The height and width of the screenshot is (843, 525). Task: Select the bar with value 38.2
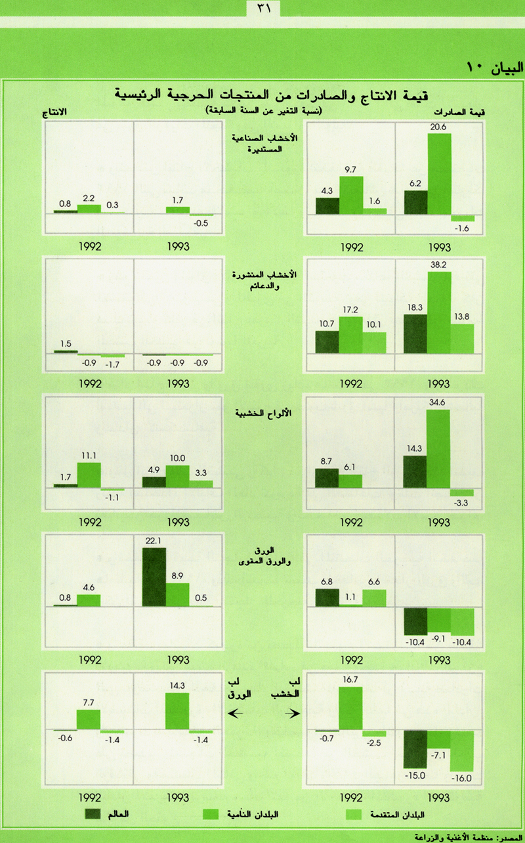tap(439, 312)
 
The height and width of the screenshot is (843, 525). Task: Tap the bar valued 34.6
tap(439, 449)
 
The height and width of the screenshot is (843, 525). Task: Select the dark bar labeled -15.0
tap(416, 748)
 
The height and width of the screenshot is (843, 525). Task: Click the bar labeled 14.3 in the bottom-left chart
tap(177, 711)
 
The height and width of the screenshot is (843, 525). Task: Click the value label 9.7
tap(351, 170)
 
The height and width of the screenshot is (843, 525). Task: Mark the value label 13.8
tap(463, 317)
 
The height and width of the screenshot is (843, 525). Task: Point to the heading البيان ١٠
tap(493, 66)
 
